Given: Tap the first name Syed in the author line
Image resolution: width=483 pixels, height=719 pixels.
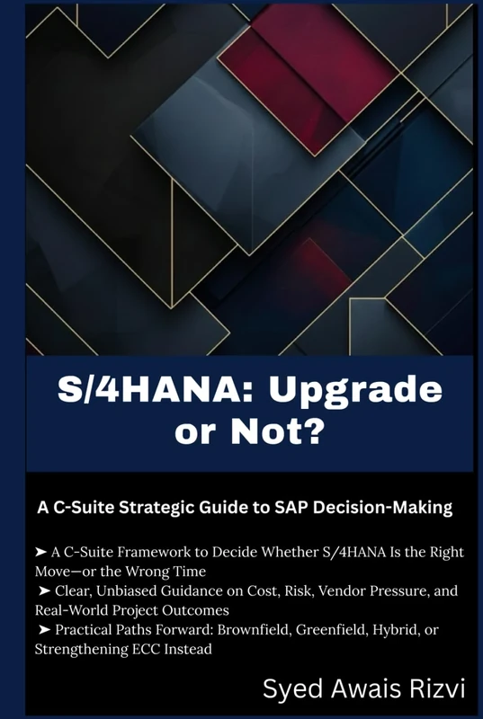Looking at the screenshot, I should (x=289, y=689).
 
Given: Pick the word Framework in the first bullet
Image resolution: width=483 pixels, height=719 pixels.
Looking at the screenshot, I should (x=156, y=553).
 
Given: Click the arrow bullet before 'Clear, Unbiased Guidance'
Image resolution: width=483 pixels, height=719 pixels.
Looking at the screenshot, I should (x=45, y=591).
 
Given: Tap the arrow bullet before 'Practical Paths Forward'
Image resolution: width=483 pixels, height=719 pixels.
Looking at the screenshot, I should (x=45, y=631).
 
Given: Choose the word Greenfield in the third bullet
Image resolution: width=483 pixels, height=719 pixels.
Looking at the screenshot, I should (x=353, y=631).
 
